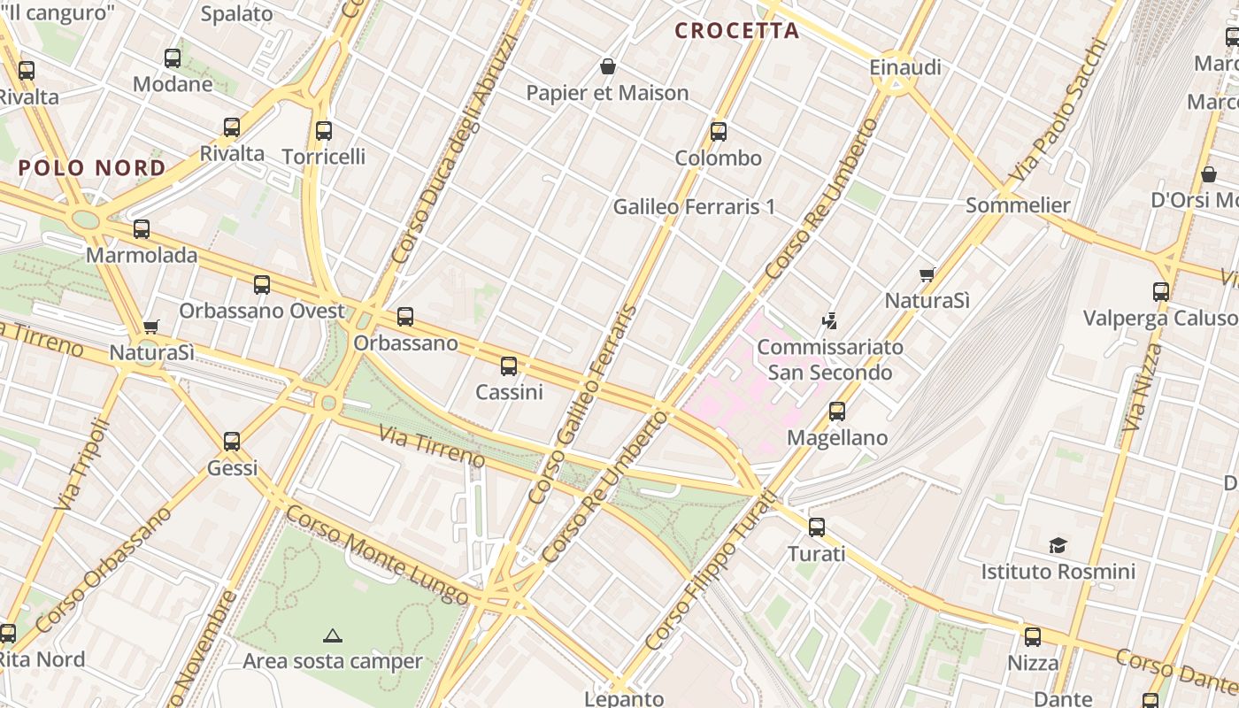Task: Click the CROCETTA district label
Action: [x=736, y=31]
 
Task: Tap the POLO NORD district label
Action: [x=92, y=168]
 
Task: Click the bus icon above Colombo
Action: [x=719, y=132]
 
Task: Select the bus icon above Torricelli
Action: [x=324, y=131]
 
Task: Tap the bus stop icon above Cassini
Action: [x=509, y=366]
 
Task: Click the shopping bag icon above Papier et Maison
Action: [x=608, y=66]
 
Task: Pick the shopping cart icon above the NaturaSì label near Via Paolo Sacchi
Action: [x=927, y=275]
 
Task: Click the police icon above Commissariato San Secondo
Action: [x=830, y=320]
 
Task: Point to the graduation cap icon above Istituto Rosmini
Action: [x=1058, y=545]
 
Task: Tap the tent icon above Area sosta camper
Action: [x=333, y=635]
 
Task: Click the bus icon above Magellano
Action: [x=837, y=412]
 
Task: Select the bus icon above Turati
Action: [x=817, y=527]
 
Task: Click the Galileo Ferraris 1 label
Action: [x=694, y=207]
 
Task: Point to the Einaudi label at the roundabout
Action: [x=904, y=68]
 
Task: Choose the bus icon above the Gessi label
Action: [x=232, y=441]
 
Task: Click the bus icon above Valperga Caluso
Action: [x=1161, y=291]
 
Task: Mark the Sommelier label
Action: [x=1018, y=205]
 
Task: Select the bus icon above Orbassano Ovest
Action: [x=262, y=285]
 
